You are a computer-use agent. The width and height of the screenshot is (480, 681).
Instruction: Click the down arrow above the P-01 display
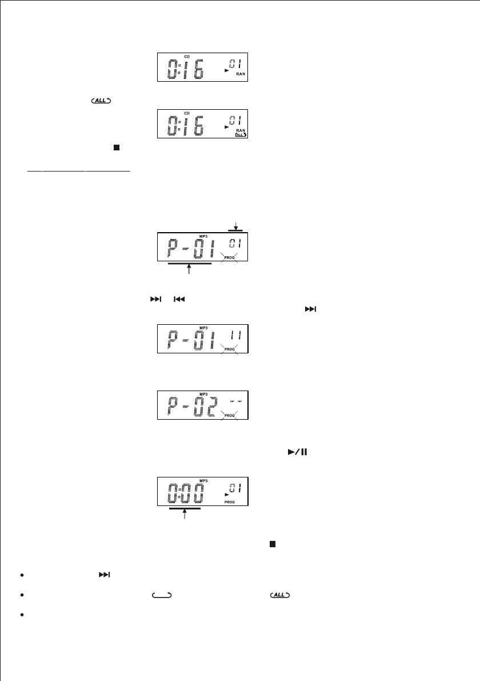coord(235,226)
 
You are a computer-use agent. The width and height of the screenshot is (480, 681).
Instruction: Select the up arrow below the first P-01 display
coord(189,270)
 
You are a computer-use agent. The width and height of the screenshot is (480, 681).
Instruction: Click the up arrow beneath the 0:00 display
coord(185,514)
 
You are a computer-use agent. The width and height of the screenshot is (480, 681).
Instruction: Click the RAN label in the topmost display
coord(241,74)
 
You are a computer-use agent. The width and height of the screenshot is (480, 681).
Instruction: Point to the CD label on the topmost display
coord(186,57)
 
